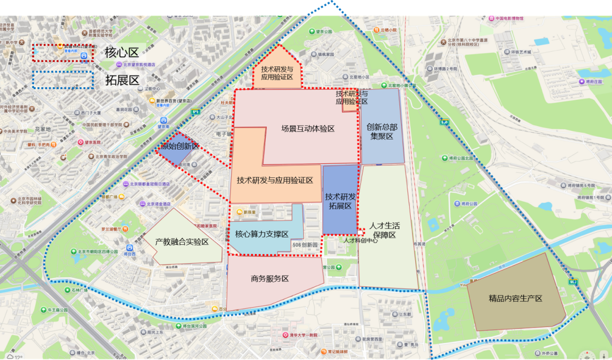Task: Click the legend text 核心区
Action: (x=122, y=53)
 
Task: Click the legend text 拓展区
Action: (x=122, y=80)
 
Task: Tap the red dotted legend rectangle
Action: (x=62, y=53)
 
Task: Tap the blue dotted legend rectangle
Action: (x=62, y=80)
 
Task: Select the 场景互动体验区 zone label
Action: (x=308, y=129)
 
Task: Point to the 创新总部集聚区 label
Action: (x=381, y=132)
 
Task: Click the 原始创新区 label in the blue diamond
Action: (x=180, y=146)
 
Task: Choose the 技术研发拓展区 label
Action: (x=341, y=201)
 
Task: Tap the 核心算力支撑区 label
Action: (x=261, y=234)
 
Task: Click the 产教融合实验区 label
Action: (x=182, y=242)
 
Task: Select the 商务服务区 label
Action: (x=270, y=279)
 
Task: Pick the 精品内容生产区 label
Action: (x=515, y=298)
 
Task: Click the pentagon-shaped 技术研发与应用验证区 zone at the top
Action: (x=277, y=73)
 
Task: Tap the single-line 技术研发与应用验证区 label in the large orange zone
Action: (x=275, y=180)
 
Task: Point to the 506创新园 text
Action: (x=306, y=244)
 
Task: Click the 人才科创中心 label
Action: (x=360, y=240)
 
